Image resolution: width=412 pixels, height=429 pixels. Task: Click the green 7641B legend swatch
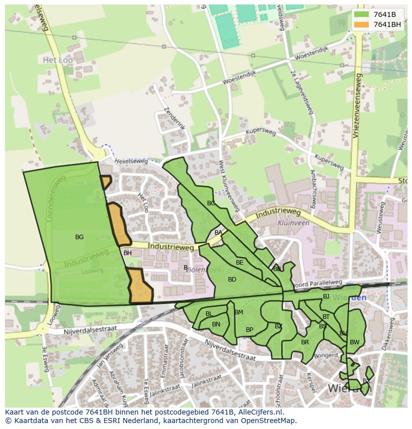click(361, 14)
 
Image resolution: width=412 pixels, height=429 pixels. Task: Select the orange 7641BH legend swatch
click(361, 24)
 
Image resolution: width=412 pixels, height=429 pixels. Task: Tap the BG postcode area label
click(79, 237)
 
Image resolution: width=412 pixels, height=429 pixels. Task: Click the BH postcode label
click(127, 253)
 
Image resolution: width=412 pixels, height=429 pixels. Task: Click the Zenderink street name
click(174, 119)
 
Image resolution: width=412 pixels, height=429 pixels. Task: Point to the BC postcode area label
click(211, 203)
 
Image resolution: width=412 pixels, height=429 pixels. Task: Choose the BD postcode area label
click(232, 280)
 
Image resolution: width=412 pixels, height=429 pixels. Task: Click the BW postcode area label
click(354, 342)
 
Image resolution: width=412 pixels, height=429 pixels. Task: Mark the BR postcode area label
click(305, 342)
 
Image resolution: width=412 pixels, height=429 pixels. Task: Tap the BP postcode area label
click(249, 330)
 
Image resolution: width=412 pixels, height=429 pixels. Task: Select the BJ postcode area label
click(326, 296)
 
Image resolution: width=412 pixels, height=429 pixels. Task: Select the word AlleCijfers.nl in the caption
click(260, 412)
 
